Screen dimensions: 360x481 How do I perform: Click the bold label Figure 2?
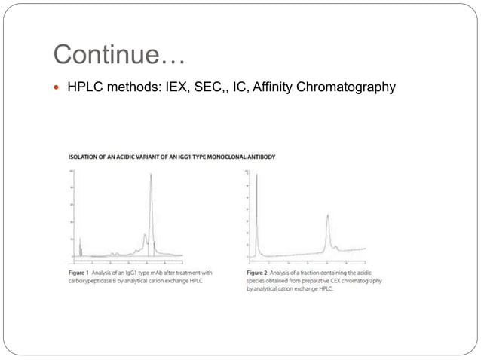pyautogui.click(x=258, y=273)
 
